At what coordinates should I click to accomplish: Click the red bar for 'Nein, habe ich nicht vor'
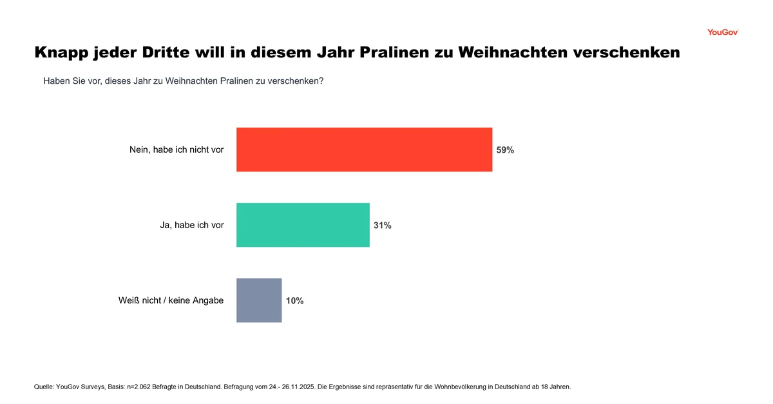[x=364, y=149]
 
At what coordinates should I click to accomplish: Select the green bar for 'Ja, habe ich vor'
[x=303, y=225]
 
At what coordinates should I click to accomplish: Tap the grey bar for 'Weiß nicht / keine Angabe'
[x=259, y=300]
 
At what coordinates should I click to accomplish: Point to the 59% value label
[x=505, y=150]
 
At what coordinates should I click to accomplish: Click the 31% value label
[x=383, y=226]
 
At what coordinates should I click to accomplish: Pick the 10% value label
[x=294, y=301]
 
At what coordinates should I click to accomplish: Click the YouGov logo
[x=722, y=32]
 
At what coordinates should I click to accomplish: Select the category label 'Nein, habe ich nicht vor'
[x=177, y=150]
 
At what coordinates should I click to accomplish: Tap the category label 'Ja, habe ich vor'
[x=192, y=226]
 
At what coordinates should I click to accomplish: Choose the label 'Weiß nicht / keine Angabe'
[x=171, y=301]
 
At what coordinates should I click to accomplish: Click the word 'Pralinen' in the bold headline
[x=381, y=53]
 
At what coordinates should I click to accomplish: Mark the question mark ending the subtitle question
[x=321, y=81]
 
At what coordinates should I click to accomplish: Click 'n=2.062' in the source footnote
[x=146, y=387]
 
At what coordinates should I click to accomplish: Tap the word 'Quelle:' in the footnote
[x=44, y=387]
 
